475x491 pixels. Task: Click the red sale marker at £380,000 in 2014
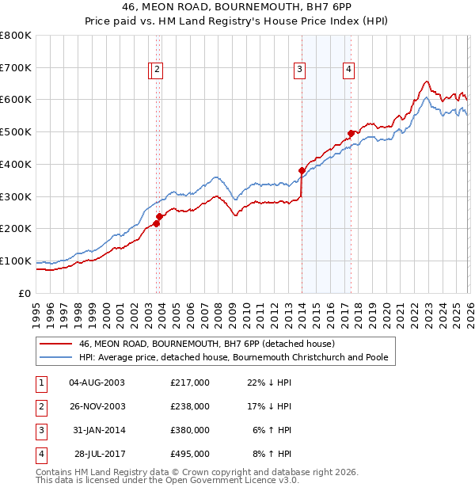302,170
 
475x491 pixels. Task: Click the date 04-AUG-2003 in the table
97,383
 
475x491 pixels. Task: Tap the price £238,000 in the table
190,406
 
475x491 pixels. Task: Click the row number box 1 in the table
40,383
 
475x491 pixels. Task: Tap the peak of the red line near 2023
426,81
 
